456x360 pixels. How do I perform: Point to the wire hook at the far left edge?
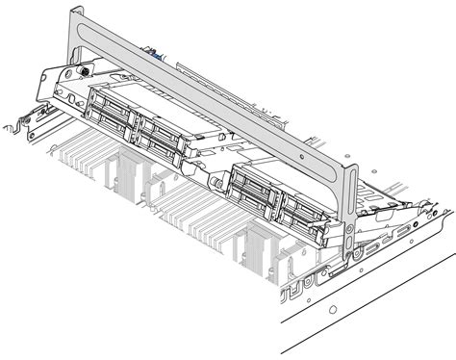13,126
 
